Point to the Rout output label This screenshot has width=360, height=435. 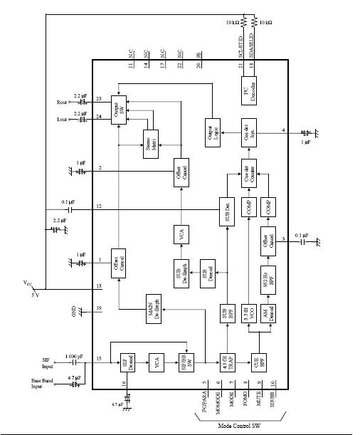tap(62, 101)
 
